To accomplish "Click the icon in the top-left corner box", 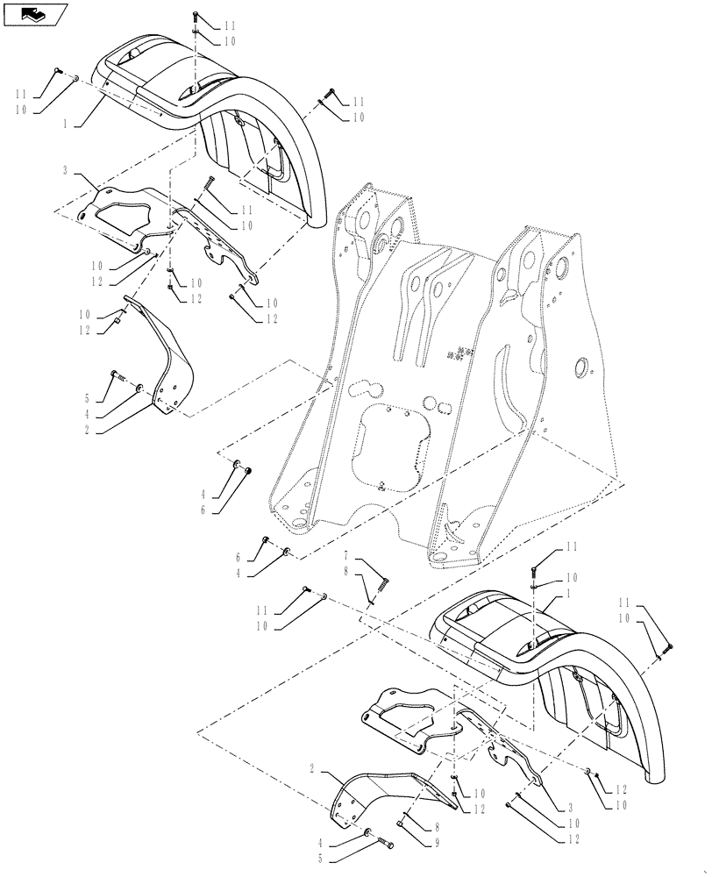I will tap(35, 13).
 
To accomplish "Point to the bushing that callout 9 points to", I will tap(402, 822).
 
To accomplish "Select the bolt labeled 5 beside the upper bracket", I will tap(116, 377).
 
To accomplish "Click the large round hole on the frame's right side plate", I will tap(580, 368).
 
